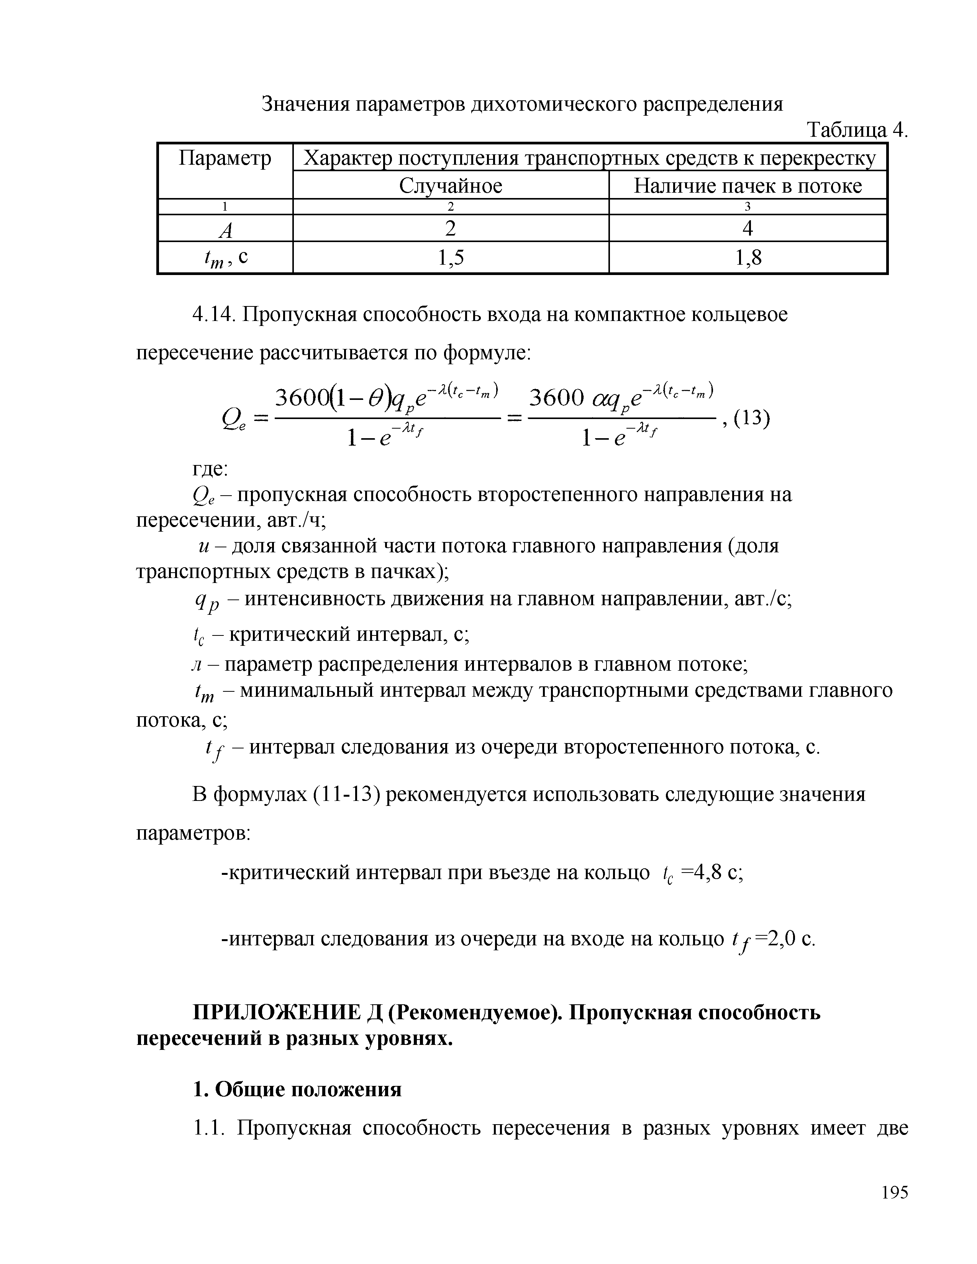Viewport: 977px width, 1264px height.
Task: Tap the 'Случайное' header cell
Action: tap(450, 186)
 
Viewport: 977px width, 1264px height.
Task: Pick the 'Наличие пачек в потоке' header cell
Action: tap(747, 186)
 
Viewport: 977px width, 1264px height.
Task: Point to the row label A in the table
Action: tap(225, 230)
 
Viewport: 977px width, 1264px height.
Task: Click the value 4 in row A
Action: tap(747, 229)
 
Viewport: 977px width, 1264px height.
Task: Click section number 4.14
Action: tap(212, 315)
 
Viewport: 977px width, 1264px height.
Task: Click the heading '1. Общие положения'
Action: tap(297, 1089)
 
